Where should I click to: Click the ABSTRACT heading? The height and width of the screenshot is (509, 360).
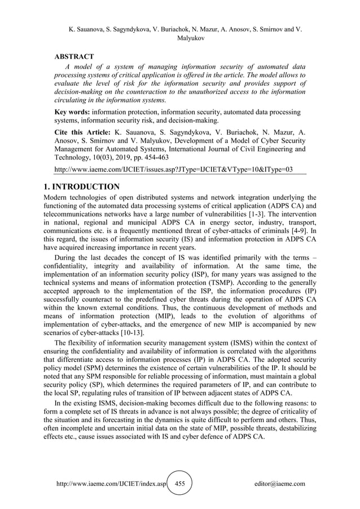(73, 56)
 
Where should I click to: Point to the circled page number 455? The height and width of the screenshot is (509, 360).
(180, 484)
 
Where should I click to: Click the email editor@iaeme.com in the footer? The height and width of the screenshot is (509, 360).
(280, 484)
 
